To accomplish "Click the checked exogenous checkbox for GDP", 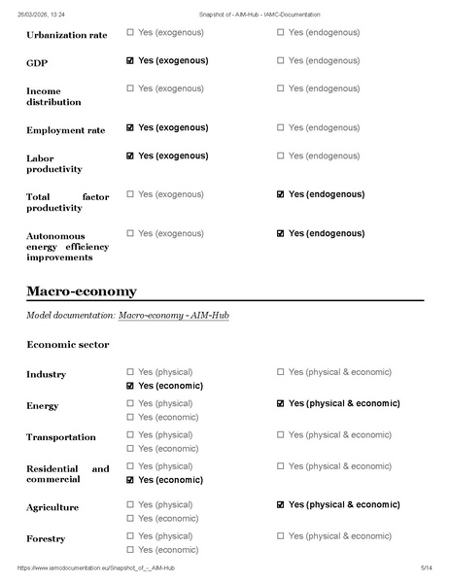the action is click(130, 60).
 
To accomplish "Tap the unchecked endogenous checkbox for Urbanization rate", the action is click(281, 32).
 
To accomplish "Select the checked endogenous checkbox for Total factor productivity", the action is click(281, 194).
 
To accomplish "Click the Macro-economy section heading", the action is click(82, 291).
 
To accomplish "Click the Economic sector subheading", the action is click(68, 344).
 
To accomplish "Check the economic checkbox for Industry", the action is click(130, 386).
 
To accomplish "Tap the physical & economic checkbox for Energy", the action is click(281, 403).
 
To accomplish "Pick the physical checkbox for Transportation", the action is click(130, 434).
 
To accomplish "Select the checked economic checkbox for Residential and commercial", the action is click(130, 480).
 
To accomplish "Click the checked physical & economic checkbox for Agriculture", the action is click(281, 505).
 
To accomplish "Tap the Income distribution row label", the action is click(53, 96).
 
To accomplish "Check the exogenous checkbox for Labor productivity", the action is click(130, 155).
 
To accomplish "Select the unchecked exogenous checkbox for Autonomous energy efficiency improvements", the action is click(130, 233).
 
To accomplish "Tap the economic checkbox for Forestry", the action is click(130, 550).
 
